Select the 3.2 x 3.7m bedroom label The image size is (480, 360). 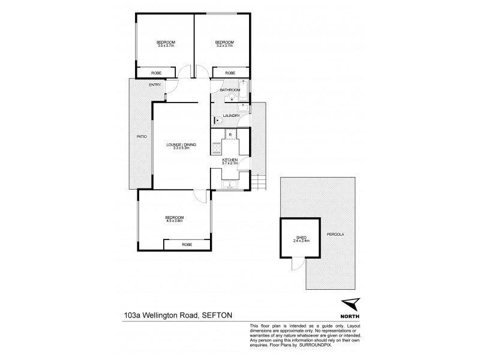[224, 43]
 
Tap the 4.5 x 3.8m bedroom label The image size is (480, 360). [175, 218]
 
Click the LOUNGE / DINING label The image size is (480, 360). [181, 146]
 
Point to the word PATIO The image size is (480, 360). [142, 137]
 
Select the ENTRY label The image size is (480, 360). [155, 85]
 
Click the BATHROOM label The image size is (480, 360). [230, 90]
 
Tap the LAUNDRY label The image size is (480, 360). [232, 116]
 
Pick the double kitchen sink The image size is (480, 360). [229, 184]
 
